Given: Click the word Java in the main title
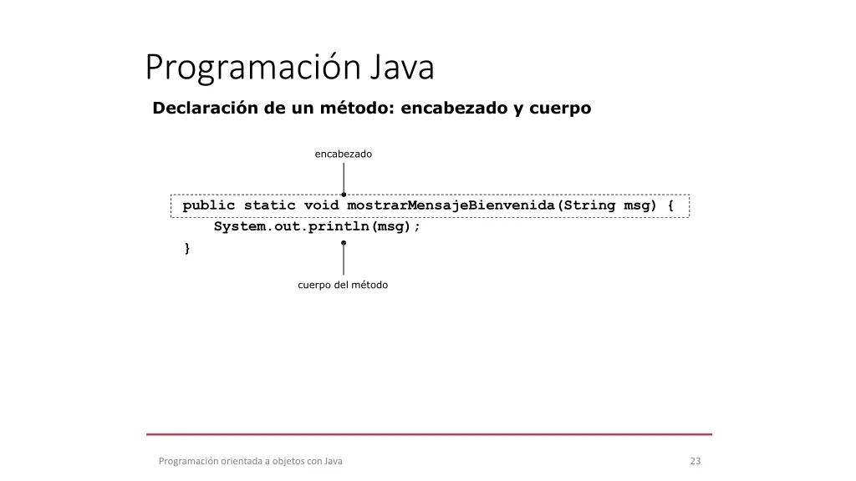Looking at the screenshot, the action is [402, 67].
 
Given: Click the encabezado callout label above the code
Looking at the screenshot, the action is [344, 154].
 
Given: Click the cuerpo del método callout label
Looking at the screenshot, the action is [343, 285].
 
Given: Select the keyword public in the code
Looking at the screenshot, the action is [208, 205].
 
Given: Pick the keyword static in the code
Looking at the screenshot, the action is [270, 205].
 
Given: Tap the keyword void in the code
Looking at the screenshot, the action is [322, 205].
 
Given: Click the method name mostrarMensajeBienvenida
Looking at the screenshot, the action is [451, 205].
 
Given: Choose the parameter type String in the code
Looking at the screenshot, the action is [589, 205].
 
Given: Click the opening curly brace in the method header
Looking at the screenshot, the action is [671, 205].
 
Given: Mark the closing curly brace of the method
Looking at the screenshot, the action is [187, 249].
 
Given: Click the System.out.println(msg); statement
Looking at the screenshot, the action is [317, 227].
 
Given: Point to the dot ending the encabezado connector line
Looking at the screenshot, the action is [344, 195].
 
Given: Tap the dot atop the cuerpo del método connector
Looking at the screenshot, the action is [344, 243].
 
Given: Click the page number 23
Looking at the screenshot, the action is [695, 461].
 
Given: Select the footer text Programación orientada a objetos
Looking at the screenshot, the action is [232, 461].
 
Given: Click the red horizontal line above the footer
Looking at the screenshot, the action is [429, 434].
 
